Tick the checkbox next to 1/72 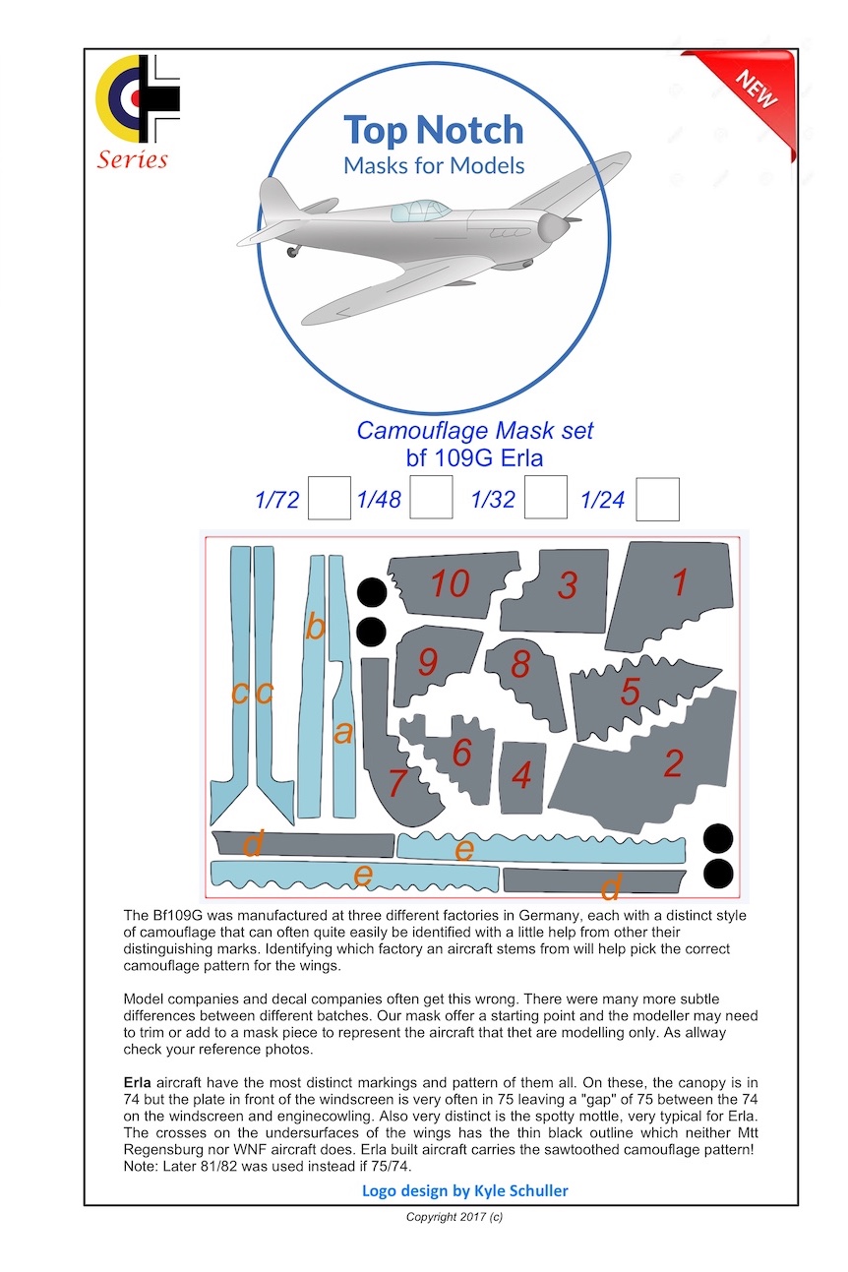[329, 498]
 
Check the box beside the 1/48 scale [431, 498]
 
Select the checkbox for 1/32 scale [545, 498]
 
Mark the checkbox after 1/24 [657, 499]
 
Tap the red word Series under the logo [132, 159]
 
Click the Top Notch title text [433, 131]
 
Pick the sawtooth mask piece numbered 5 [631, 693]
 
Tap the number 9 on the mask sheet [427, 662]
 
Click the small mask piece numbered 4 [521, 776]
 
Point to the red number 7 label [397, 784]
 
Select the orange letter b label [315, 627]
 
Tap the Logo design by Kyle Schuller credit [464, 1191]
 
